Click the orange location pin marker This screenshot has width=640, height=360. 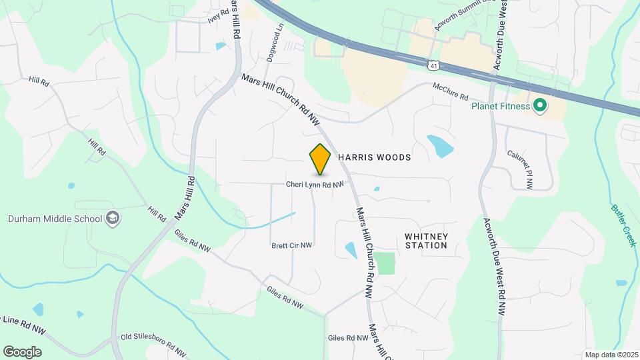click(x=321, y=159)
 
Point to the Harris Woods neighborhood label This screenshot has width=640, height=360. click(x=374, y=157)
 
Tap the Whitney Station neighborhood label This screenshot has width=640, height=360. click(x=426, y=241)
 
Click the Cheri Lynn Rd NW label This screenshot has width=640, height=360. click(x=315, y=185)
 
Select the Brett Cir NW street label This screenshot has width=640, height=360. click(x=292, y=245)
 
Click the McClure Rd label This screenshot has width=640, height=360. click(x=451, y=91)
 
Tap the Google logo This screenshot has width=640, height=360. click(x=22, y=351)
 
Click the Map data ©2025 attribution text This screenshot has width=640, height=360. click(x=610, y=355)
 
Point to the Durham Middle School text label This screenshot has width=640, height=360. click(x=55, y=219)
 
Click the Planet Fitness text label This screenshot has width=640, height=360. click(x=500, y=106)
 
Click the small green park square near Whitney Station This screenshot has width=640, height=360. click(x=384, y=263)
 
